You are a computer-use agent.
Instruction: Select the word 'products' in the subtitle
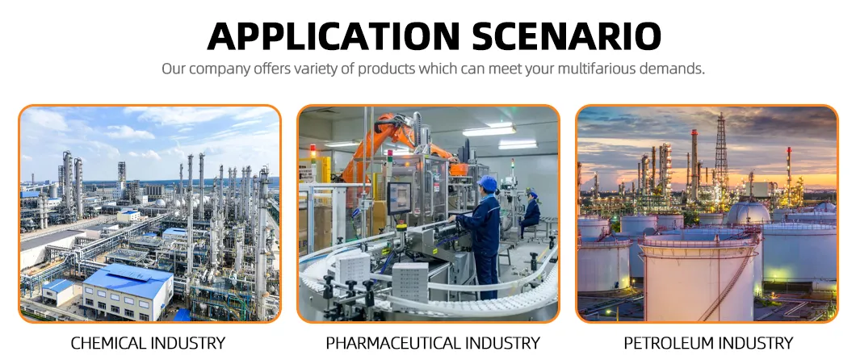pos(401,69)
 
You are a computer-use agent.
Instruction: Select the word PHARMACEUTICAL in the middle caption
pos(392,343)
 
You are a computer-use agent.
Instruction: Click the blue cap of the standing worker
pos(488,183)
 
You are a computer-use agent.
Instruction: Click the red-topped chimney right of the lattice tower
pos(789,170)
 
